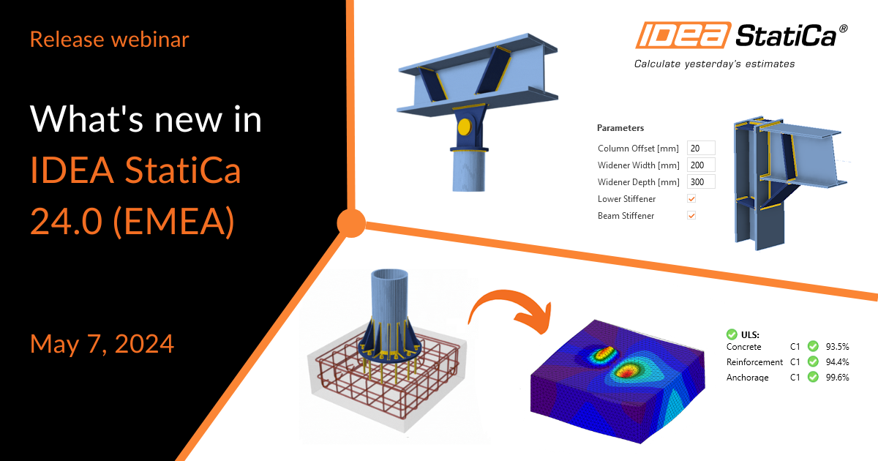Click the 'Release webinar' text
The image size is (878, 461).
point(109,39)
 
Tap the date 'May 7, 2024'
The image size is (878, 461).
point(102,343)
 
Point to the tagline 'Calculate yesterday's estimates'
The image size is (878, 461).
point(714,64)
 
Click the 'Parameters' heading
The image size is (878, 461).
point(620,128)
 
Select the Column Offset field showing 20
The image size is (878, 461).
point(700,149)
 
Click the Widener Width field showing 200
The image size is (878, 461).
point(700,165)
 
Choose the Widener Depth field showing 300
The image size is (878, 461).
point(700,182)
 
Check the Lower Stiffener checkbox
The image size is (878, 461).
point(691,199)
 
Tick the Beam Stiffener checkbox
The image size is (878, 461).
point(691,216)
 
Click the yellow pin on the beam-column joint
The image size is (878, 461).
point(463,127)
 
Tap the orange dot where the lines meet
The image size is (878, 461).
point(351,222)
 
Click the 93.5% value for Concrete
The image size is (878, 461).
point(837,346)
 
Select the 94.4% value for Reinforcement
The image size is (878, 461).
point(837,362)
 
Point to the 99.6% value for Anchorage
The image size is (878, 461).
point(837,378)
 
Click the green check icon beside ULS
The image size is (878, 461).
point(731,334)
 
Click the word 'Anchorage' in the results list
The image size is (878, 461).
point(747,378)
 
